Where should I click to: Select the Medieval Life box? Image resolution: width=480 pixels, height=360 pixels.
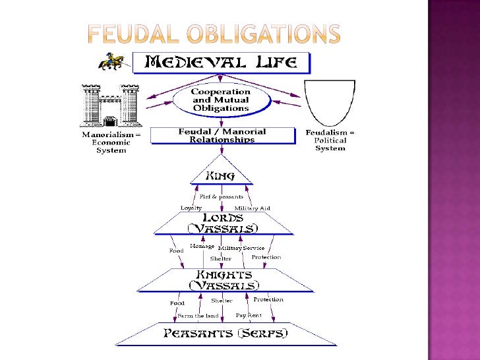[221, 63]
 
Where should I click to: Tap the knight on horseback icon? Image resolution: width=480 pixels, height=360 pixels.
[111, 61]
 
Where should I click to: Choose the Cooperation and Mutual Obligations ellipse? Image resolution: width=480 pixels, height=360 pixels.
[221, 100]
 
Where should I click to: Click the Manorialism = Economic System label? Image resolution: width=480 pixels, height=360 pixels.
[111, 141]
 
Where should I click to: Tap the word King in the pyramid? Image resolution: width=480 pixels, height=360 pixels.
[220, 176]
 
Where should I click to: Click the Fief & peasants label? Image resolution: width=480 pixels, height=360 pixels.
[221, 196]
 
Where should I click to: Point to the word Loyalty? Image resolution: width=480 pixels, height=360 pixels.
[191, 208]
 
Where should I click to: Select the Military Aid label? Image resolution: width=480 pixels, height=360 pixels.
[253, 208]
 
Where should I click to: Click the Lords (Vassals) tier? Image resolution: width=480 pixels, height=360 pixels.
[222, 223]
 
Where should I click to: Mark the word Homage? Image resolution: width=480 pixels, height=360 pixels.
[202, 247]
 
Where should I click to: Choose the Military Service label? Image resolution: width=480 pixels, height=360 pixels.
[246, 248]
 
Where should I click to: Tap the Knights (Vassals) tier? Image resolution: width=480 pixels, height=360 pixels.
[224, 280]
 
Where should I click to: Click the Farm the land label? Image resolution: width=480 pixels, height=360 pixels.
[198, 316]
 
